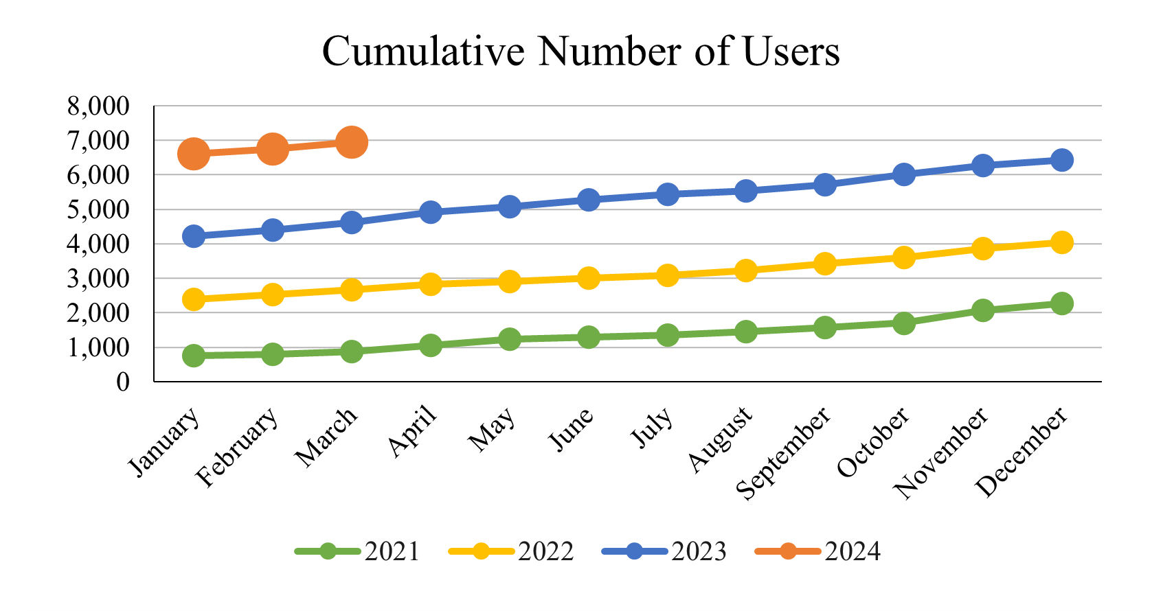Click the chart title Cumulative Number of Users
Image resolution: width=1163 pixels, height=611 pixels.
click(x=580, y=51)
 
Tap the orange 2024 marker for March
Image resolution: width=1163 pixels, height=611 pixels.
click(x=351, y=142)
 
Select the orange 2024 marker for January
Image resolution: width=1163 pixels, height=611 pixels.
click(x=194, y=154)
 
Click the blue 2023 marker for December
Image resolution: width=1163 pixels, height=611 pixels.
click(x=1061, y=160)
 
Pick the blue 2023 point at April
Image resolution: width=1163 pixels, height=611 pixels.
click(x=431, y=212)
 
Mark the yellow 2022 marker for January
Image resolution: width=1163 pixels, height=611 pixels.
click(x=194, y=299)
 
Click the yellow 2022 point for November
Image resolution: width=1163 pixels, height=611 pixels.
click(x=982, y=248)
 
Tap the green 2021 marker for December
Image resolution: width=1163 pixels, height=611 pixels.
click(x=1061, y=303)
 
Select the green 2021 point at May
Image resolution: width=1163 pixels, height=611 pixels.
click(x=509, y=339)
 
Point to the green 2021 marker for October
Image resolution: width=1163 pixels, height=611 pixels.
click(x=903, y=323)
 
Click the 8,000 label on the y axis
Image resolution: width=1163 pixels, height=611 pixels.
click(x=98, y=106)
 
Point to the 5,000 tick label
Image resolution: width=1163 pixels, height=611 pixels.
click(x=98, y=209)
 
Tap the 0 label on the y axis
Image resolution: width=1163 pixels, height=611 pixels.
click(x=123, y=382)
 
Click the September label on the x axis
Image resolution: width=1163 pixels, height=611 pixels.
click(x=784, y=453)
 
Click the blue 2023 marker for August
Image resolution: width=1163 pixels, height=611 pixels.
click(x=746, y=191)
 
